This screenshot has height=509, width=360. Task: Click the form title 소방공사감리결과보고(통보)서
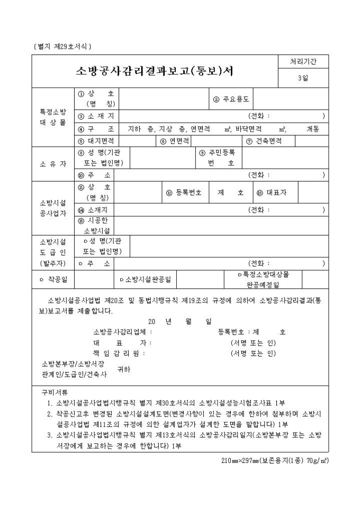tap(155, 71)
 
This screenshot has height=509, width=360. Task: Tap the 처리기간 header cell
tap(302, 62)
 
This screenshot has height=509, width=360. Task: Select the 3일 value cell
tap(302, 79)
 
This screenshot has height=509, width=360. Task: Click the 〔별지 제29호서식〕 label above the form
tap(62, 46)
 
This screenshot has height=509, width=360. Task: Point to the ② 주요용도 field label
tap(231, 99)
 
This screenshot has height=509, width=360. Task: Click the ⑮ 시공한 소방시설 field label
tap(95, 226)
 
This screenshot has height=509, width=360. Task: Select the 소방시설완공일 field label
tap(148, 279)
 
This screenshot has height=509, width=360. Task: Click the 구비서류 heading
tap(55, 393)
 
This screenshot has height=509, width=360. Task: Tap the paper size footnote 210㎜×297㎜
tap(275, 460)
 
